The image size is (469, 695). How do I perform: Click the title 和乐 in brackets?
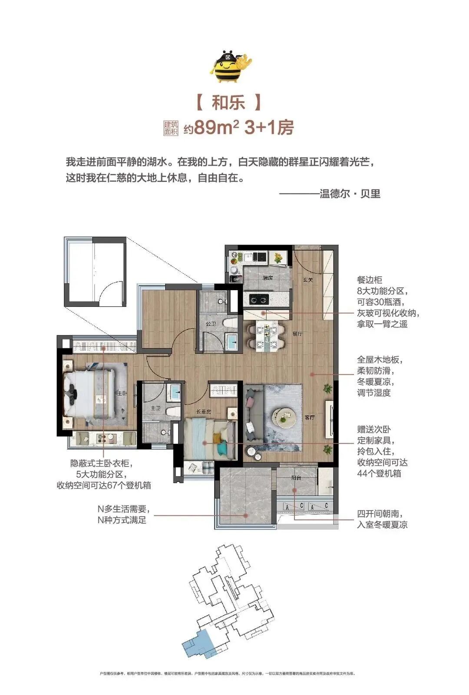pyautogui.click(x=228, y=103)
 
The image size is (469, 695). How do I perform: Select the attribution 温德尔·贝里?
pyautogui.click(x=350, y=194)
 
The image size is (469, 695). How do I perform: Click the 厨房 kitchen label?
pyautogui.click(x=267, y=278)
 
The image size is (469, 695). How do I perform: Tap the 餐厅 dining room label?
pyautogui.click(x=297, y=334)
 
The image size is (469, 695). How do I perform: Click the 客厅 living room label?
pyautogui.click(x=309, y=417)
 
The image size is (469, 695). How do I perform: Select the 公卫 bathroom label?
pyautogui.click(x=211, y=324)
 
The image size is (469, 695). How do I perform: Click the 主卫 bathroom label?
pyautogui.click(x=155, y=408)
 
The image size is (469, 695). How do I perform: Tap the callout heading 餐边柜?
pyautogui.click(x=370, y=280)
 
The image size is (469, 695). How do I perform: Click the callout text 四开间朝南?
pyautogui.click(x=382, y=514)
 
